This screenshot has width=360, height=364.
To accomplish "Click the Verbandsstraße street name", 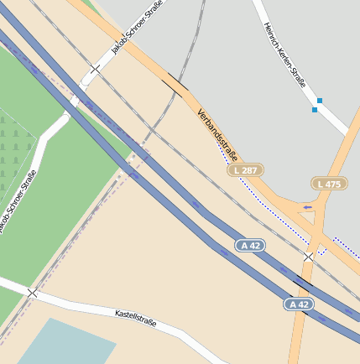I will (x=218, y=135).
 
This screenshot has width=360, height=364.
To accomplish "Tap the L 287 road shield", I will (x=245, y=170).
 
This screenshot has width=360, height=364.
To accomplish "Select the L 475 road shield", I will (x=329, y=184).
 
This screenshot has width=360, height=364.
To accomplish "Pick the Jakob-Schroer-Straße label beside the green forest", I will (x=18, y=200).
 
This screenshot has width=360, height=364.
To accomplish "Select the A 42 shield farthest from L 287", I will (x=298, y=304).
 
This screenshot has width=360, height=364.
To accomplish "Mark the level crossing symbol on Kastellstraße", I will (x=32, y=293).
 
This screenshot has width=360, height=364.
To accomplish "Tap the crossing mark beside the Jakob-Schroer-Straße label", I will (x=95, y=69).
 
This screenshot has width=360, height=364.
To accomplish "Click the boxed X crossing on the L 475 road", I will (x=309, y=256).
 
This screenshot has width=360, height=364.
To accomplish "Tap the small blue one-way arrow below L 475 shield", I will (x=308, y=207).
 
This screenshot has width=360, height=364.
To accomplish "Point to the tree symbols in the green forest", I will (x=12, y=138).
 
